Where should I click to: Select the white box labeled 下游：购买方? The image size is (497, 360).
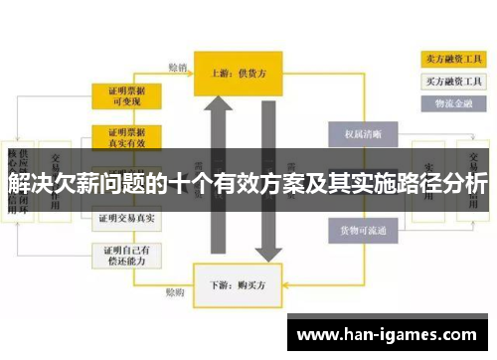click(x=240, y=282)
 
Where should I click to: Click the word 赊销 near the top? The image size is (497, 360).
click(x=178, y=68)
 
